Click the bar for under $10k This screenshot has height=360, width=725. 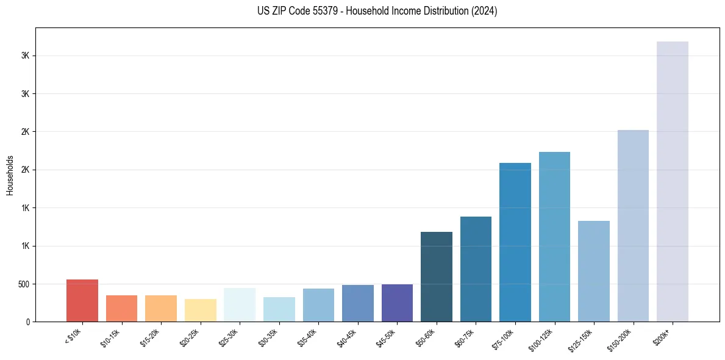[82, 300]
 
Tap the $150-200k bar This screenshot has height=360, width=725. [633, 226]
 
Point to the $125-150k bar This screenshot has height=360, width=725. [594, 271]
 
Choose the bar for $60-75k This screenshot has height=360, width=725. [476, 269]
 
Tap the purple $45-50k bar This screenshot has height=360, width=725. [397, 303]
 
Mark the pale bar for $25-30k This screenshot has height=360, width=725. [240, 304]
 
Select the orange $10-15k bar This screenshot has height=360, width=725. [122, 308]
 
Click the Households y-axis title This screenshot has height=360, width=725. [10, 175]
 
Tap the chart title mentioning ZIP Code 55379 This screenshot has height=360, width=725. [377, 11]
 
